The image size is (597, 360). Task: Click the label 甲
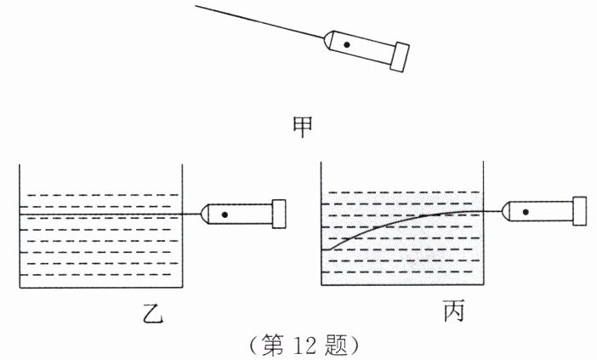tap(303, 126)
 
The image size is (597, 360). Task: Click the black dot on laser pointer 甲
tap(345, 43)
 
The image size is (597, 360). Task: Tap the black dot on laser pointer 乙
tap(225, 214)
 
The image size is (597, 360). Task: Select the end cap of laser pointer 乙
tap(278, 213)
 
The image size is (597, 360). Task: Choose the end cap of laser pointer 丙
tap(581, 210)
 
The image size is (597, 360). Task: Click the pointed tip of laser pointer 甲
tap(324, 37)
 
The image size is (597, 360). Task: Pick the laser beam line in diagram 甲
tap(255, 20)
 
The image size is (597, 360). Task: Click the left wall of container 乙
tap(20, 226)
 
